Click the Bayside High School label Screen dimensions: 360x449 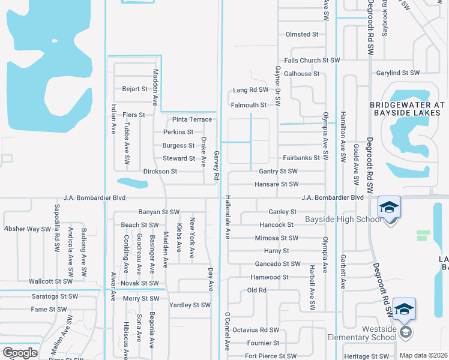(x=343, y=219)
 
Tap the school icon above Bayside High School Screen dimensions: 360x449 (x=389, y=208)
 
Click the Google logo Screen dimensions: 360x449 (x=20, y=353)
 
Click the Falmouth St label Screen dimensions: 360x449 (x=249, y=105)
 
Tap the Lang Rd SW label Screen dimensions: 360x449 (x=250, y=90)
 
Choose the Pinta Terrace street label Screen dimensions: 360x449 (x=192, y=119)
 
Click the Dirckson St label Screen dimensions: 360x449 (x=160, y=171)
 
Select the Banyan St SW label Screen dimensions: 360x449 (x=159, y=212)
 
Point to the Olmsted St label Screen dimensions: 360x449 (x=302, y=34)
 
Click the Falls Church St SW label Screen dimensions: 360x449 (x=312, y=61)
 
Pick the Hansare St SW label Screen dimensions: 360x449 (x=277, y=184)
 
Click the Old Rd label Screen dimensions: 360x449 (x=256, y=290)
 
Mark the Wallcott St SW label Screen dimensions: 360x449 (x=51, y=281)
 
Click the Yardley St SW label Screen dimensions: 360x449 (x=190, y=305)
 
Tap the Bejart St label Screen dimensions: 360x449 (x=135, y=89)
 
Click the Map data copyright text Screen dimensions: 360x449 (x=423, y=355)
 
